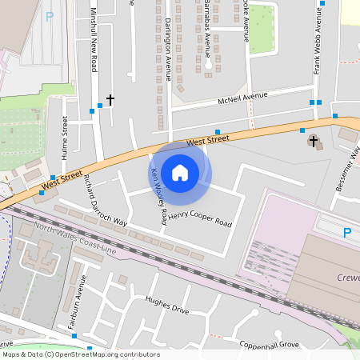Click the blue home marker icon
pos(180,172)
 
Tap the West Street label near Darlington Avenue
pos(208,140)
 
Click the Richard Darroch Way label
pos(105,200)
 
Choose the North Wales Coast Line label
pos(76,240)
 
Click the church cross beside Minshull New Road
pos(110,99)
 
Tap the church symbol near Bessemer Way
pos(314,142)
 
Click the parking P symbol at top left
pos(50,16)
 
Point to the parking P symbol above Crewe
pos(346,233)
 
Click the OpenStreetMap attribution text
pos(80,354)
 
